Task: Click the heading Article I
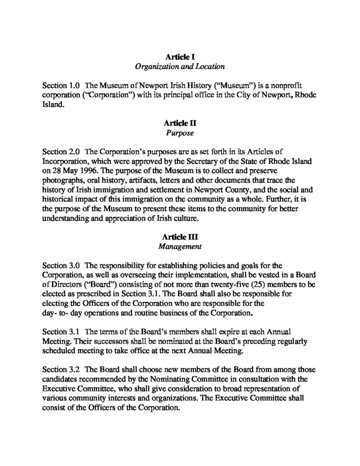[180, 58]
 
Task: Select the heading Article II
[180, 123]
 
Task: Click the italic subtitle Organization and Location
[180, 67]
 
